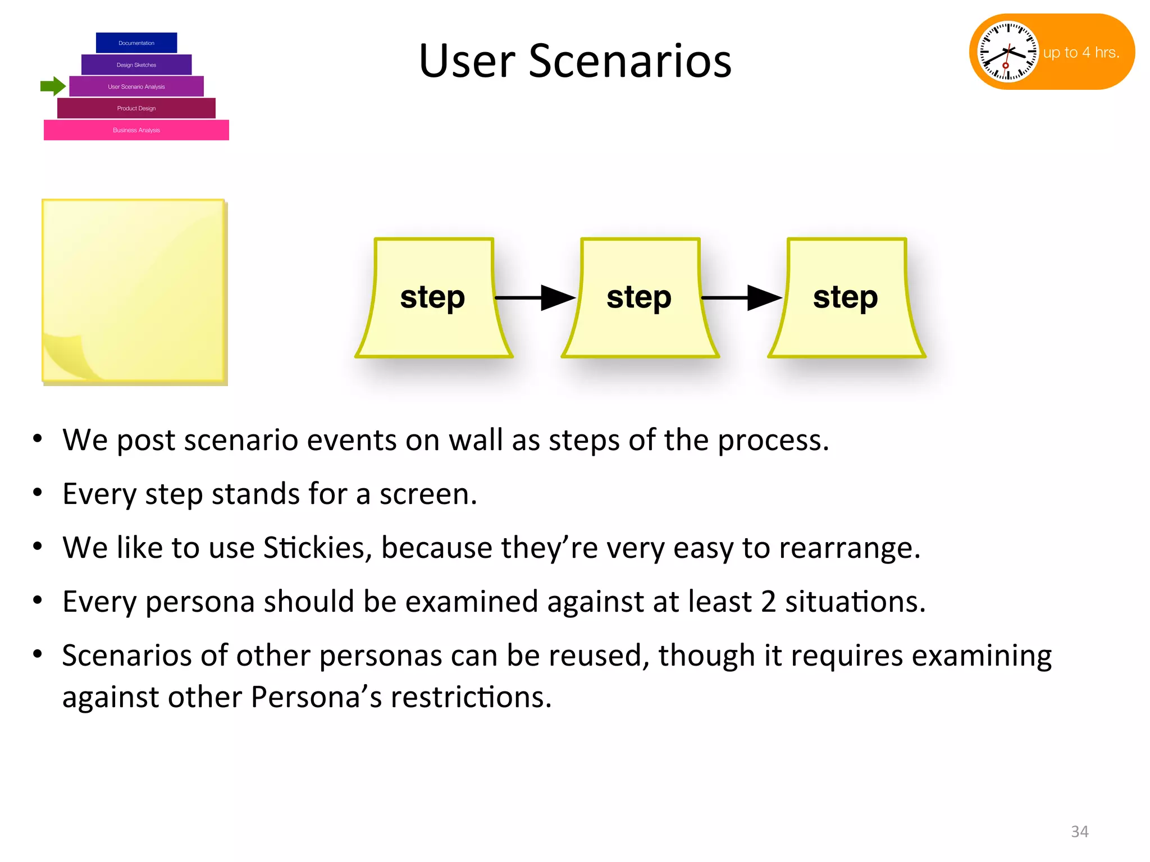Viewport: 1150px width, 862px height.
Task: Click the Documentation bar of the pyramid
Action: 136,43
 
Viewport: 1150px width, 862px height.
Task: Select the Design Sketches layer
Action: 136,65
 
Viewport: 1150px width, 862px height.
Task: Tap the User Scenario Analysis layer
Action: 136,86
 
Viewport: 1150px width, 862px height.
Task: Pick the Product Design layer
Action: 136,108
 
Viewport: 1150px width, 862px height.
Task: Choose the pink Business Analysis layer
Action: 136,130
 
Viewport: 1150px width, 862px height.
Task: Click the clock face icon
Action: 1008,52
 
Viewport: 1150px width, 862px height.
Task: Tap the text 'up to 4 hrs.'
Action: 1081,52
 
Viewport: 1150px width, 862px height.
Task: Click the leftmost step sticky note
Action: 433,297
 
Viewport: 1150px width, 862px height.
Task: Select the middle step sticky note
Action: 640,297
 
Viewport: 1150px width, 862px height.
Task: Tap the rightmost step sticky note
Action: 846,297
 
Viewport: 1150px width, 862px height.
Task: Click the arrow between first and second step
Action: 536,297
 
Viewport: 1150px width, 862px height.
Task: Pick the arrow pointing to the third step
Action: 742,297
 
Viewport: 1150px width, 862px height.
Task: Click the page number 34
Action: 1079,831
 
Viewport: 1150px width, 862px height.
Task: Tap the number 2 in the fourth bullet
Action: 768,602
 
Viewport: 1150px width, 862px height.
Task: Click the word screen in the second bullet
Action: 428,494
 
